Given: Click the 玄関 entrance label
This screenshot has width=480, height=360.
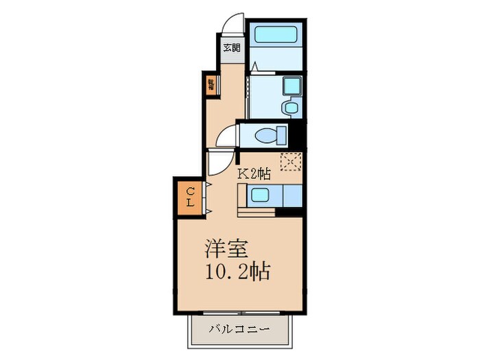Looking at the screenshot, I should (x=232, y=48).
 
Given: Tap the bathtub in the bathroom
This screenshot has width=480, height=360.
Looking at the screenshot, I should (x=276, y=35).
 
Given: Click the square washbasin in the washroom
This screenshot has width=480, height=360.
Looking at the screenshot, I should (x=291, y=86).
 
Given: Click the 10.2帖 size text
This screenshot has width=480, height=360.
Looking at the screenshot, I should (x=237, y=272).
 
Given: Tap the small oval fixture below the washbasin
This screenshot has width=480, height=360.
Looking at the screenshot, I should (x=290, y=107).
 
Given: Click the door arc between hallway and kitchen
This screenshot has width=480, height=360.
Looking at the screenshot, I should (x=219, y=163).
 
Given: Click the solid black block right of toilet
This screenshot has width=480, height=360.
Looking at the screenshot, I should (x=298, y=133).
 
